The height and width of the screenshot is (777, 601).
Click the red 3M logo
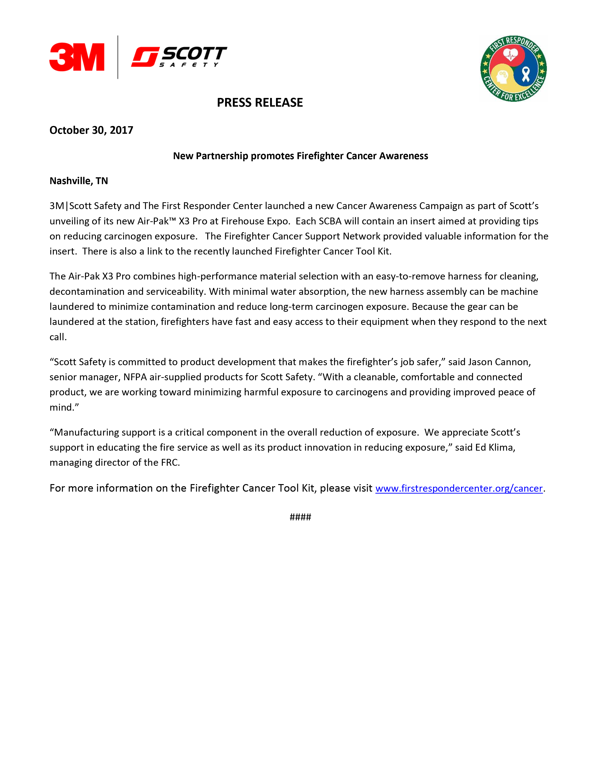[x=77, y=57]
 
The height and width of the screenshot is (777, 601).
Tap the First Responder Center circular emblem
[x=513, y=69]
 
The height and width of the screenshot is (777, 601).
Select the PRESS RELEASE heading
[x=259, y=102]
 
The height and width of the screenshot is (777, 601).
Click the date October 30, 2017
[x=91, y=130]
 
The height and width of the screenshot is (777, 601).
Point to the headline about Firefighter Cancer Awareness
[x=300, y=156]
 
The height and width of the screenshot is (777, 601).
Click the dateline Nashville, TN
[x=79, y=181]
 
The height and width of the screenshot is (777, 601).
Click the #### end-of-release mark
[x=300, y=517]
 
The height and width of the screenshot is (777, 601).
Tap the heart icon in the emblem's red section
[x=510, y=55]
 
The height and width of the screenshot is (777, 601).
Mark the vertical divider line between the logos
[x=118, y=57]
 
